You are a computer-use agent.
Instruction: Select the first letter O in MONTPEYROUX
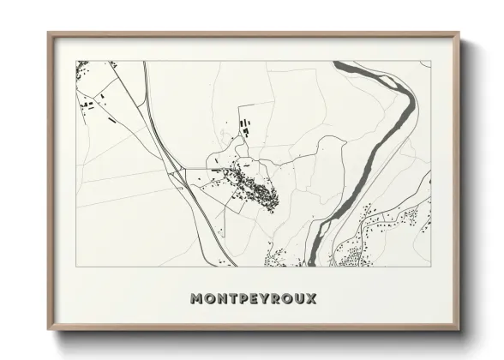pos(210,299)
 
